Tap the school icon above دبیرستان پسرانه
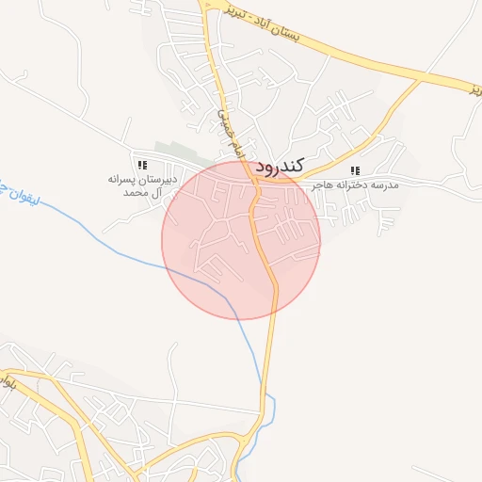click(x=142, y=165)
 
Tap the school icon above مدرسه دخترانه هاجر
click(x=355, y=170)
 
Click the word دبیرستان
click(x=159, y=178)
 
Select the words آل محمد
click(x=143, y=192)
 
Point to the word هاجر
click(x=325, y=185)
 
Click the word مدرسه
click(x=386, y=185)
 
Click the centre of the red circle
click(x=241, y=239)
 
